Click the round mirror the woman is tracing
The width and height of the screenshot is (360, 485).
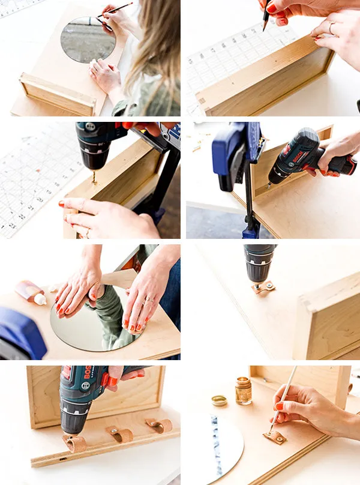tap(88, 40)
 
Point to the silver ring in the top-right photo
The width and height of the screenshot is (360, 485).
tap(331, 27)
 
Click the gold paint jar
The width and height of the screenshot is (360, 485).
tap(244, 391)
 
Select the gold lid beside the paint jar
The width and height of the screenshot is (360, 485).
tap(220, 400)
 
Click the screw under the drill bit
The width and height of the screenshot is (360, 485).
tap(94, 178)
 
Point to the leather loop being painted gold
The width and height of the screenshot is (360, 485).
tap(274, 436)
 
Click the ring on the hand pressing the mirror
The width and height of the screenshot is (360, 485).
tap(148, 300)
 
